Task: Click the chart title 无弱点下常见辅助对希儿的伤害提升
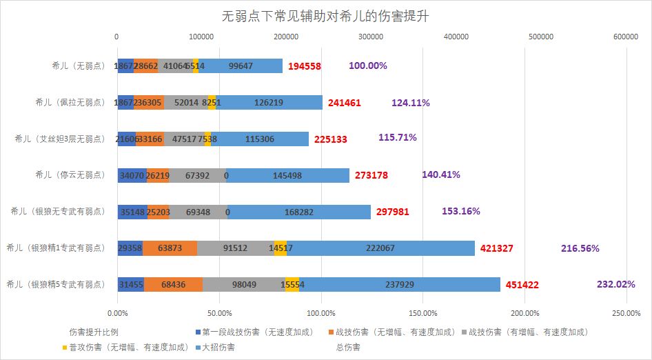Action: tap(325, 16)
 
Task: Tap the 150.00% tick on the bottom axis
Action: tap(422, 314)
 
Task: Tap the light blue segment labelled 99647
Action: tap(240, 66)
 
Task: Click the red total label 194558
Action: tap(305, 66)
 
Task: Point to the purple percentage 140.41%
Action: tap(440, 174)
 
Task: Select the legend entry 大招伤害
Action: tap(219, 347)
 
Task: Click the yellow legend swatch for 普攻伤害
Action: tap(65, 347)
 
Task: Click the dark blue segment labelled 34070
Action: tap(132, 175)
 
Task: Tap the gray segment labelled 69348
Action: tap(198, 212)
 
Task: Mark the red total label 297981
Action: tap(393, 212)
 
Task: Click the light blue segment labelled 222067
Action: tap(380, 248)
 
